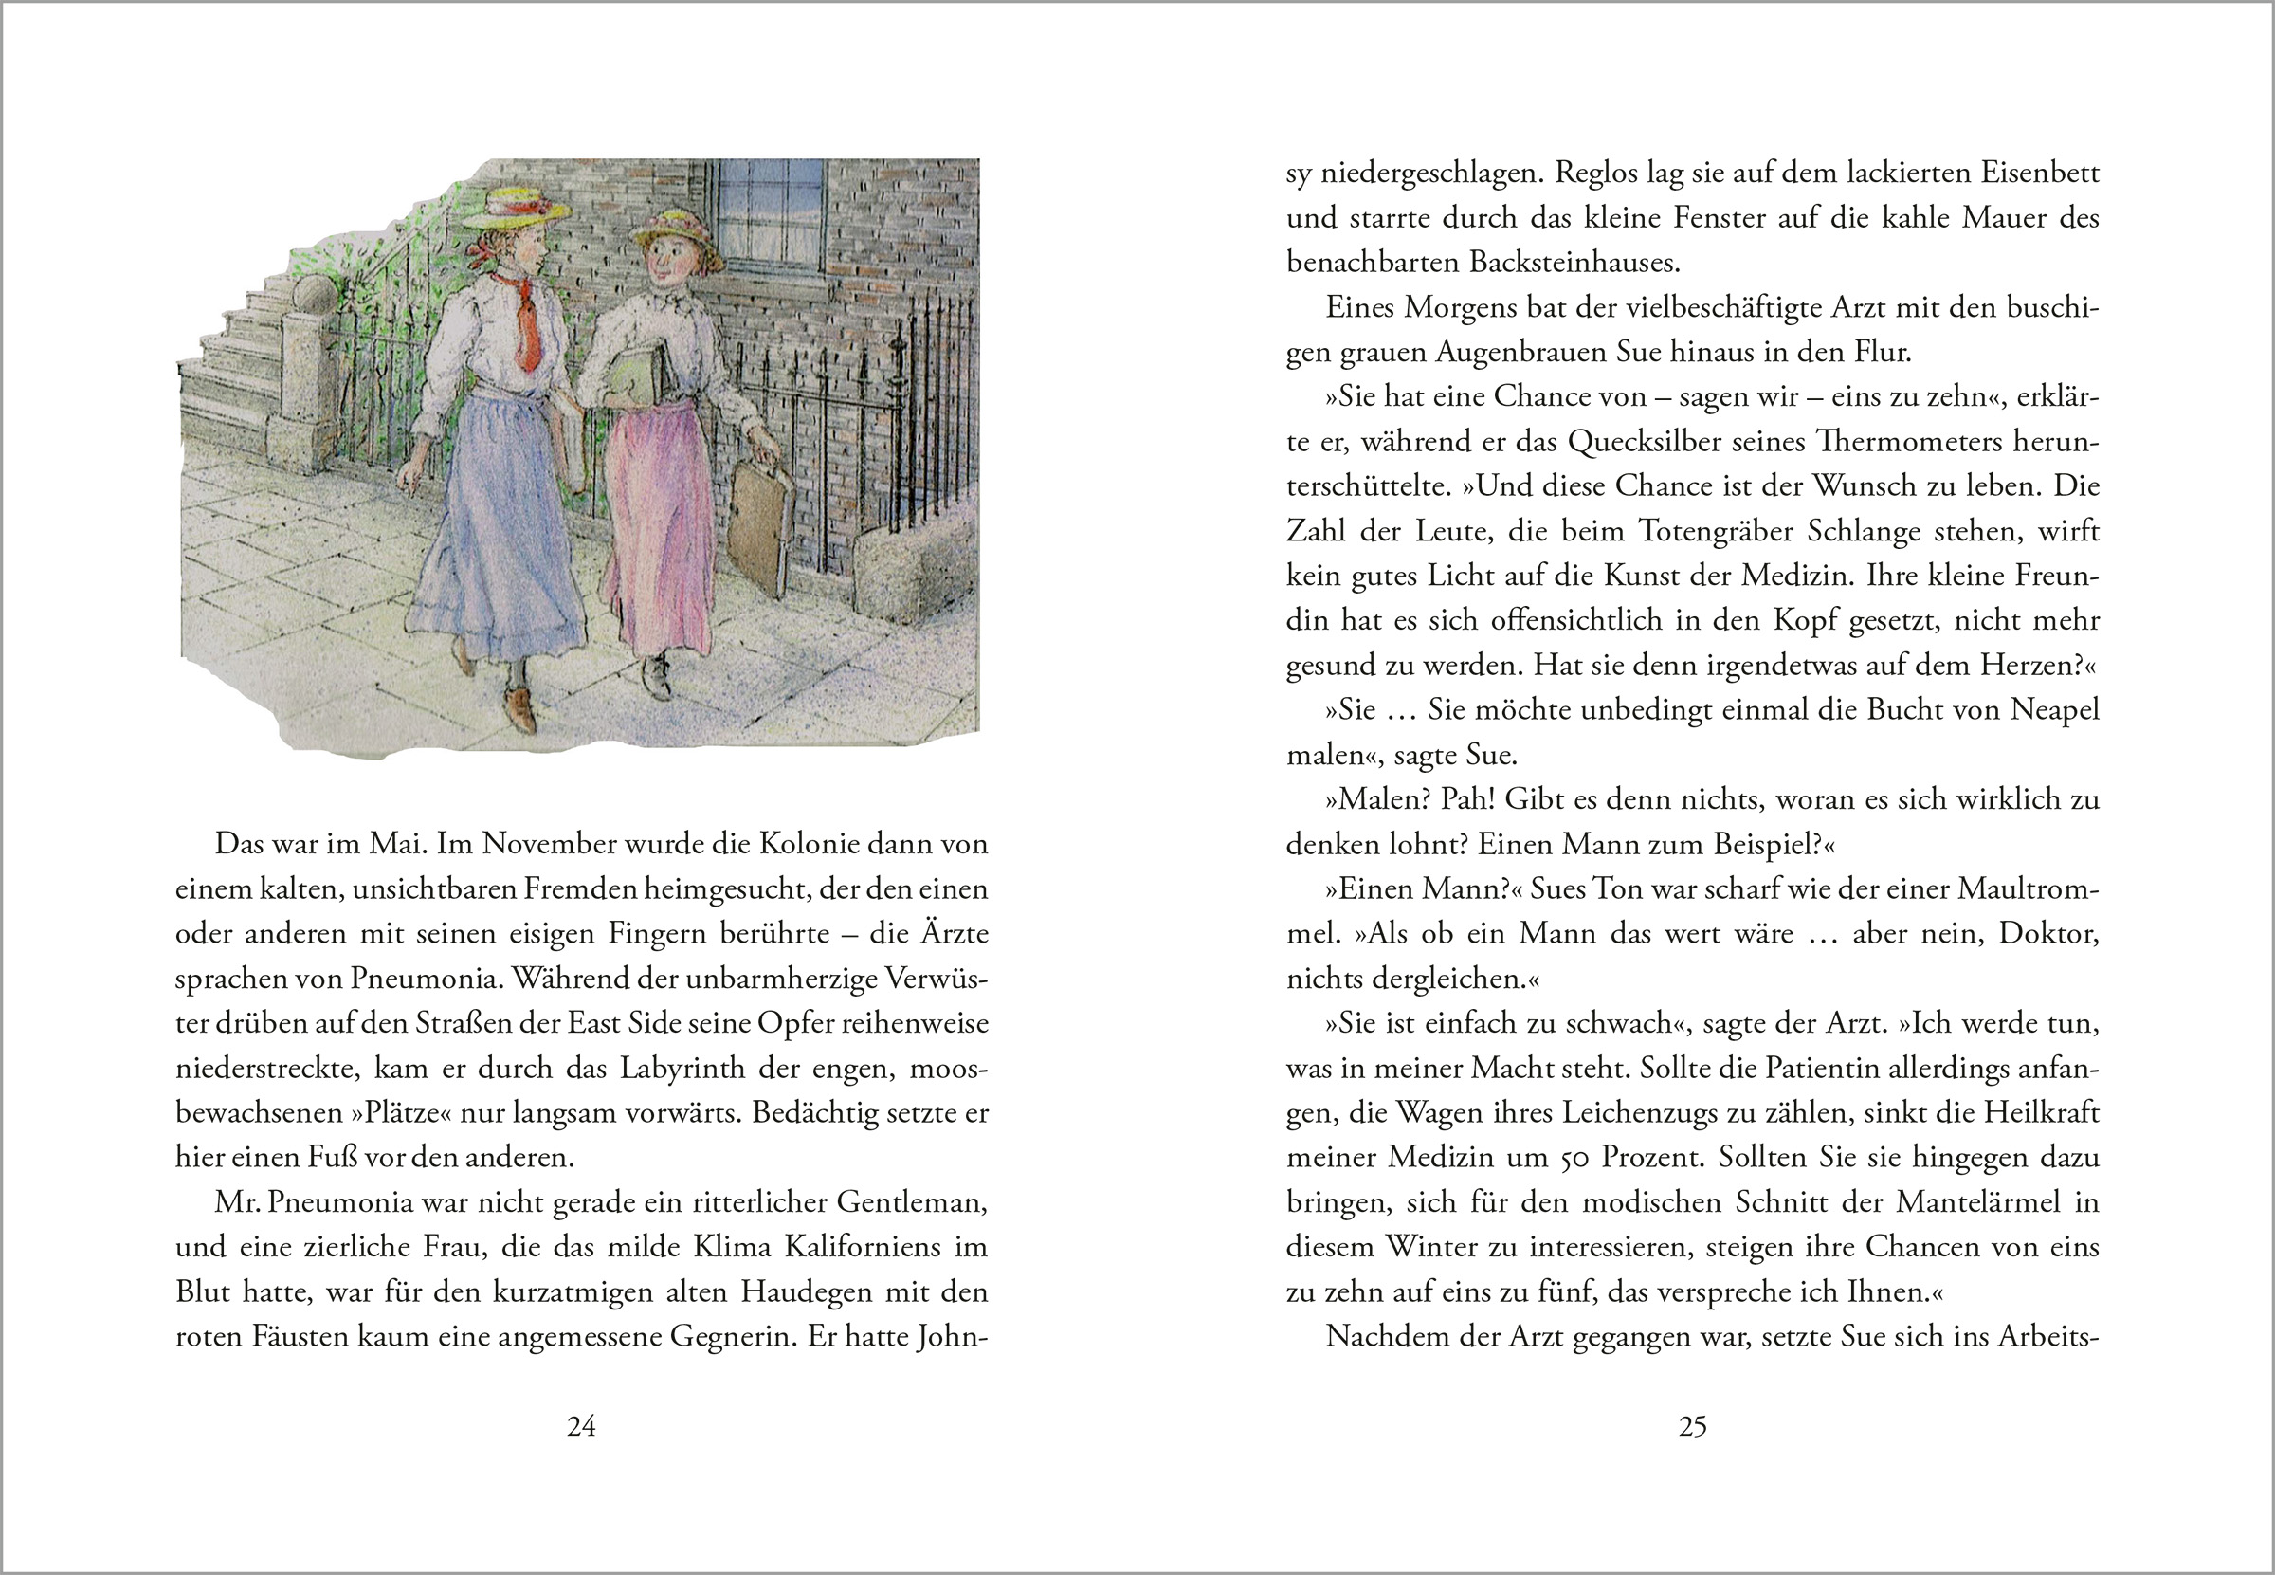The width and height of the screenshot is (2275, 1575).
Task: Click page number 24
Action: (x=581, y=1426)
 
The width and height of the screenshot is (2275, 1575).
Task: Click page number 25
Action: (x=1692, y=1426)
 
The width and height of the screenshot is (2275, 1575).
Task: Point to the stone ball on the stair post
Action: (x=314, y=297)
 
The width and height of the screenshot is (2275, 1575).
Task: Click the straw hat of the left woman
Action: (x=516, y=210)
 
